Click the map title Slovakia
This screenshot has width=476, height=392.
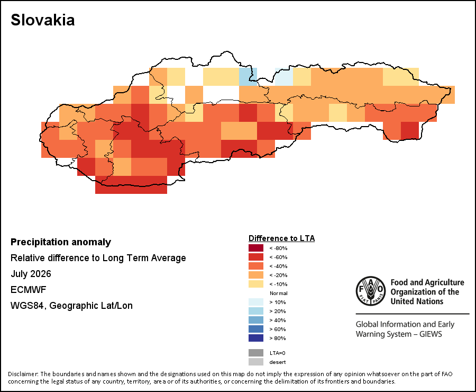42,20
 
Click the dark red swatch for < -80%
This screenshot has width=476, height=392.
256,248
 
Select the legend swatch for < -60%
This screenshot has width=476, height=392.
256,257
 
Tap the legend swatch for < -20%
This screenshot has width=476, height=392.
256,275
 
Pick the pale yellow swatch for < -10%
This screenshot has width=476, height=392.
256,284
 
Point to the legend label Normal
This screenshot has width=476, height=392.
278,293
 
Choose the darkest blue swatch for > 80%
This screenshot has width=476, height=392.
256,338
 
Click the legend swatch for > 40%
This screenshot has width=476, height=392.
256,320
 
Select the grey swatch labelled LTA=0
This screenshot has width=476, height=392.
256,353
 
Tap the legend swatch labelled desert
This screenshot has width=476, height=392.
256,362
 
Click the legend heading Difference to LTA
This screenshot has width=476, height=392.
281,238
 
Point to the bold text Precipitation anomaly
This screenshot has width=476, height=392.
61,242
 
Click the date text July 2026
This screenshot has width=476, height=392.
31,274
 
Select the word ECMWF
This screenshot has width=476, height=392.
28,290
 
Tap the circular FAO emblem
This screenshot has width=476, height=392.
371,291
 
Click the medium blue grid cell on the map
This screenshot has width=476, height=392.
248,77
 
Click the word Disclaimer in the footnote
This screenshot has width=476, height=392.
23,374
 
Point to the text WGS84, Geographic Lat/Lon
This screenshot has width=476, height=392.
71,305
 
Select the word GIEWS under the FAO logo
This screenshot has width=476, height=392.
431,334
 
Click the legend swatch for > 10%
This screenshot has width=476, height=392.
256,302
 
